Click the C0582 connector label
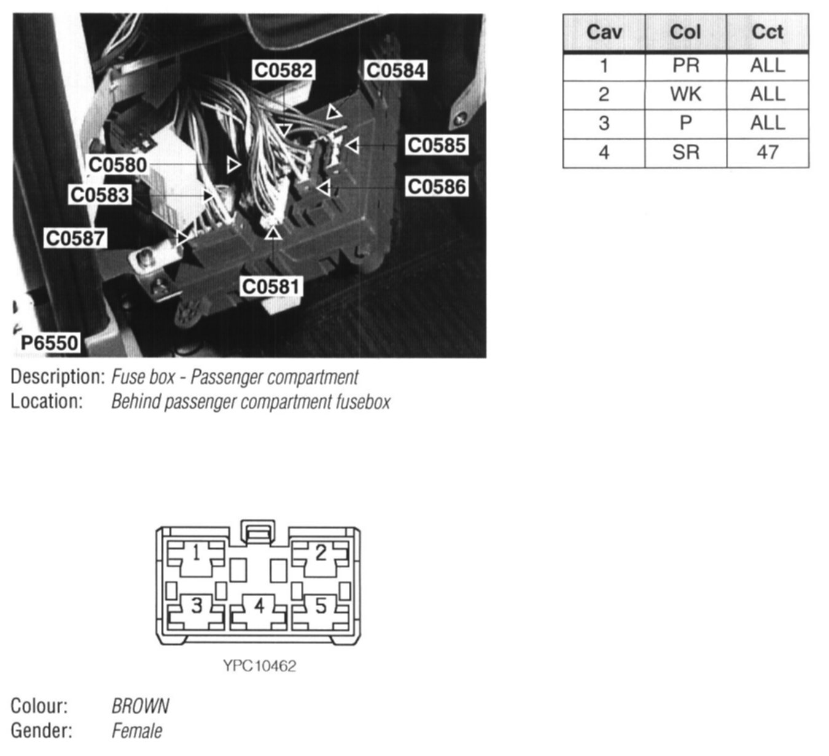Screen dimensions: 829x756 point(284,71)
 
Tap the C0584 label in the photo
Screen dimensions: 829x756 point(395,71)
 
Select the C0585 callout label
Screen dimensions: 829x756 point(437,146)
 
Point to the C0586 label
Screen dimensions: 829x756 point(437,186)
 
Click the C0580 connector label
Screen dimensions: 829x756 point(118,165)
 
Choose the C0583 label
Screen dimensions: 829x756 point(99,195)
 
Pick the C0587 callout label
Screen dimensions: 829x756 point(76,238)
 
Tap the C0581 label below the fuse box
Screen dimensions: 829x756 point(271,286)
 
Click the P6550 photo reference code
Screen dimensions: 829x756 point(50,342)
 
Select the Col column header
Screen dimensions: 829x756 point(685,32)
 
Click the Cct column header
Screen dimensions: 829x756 point(768,32)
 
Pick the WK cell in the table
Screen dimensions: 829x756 point(685,94)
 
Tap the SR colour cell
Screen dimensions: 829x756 point(685,152)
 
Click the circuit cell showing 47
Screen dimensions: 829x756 point(768,152)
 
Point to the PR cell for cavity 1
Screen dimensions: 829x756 point(685,65)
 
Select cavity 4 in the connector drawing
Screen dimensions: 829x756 point(259,607)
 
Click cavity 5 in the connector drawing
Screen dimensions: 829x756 point(321,607)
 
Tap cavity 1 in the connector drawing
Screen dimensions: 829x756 point(196,554)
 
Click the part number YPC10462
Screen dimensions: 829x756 point(259,666)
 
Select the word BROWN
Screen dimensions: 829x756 point(140,706)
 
